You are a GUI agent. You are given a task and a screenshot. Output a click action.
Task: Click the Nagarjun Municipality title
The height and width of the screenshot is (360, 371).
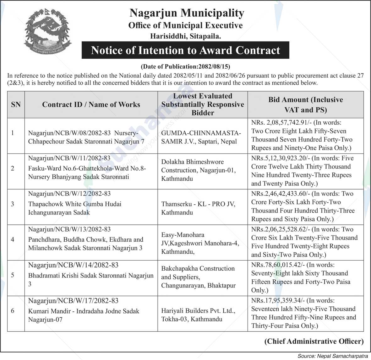click(x=187, y=13)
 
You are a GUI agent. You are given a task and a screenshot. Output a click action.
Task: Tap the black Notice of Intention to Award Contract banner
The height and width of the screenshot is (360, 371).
click(x=185, y=50)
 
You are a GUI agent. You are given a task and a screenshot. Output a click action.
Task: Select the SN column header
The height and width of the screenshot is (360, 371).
click(x=16, y=105)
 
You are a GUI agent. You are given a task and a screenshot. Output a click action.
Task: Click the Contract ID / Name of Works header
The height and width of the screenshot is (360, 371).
click(x=91, y=105)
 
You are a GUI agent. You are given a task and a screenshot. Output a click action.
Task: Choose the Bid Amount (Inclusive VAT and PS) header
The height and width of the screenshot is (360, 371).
click(x=305, y=105)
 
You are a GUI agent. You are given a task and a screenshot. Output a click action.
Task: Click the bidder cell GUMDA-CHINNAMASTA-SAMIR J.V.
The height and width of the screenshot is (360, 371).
click(x=201, y=137)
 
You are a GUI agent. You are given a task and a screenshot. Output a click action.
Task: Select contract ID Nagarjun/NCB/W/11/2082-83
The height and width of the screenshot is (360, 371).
click(x=69, y=158)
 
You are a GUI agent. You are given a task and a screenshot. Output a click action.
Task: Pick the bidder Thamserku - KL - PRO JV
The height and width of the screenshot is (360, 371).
click(x=198, y=208)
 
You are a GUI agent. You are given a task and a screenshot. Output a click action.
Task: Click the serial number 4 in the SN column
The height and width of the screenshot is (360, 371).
click(x=13, y=239)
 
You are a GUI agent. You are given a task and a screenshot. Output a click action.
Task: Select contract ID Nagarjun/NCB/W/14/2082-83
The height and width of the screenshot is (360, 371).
click(x=73, y=265)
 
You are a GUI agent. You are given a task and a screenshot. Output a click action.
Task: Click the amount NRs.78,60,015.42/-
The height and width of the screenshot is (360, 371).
click(x=278, y=265)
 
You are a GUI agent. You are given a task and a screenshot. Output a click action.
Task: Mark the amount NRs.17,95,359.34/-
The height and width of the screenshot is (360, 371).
click(x=278, y=300)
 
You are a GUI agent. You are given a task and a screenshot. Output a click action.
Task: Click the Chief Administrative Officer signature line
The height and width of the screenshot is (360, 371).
click(x=314, y=341)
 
